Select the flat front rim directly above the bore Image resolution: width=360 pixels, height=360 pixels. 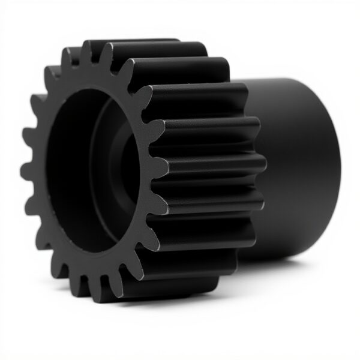(90, 78)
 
